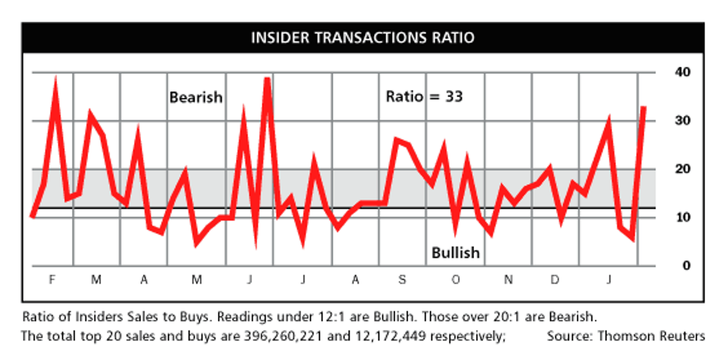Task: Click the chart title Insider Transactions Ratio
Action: [362, 38]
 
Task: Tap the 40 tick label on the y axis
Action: [682, 73]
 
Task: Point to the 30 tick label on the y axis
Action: [682, 121]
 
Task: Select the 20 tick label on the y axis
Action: [682, 169]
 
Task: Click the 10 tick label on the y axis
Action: [682, 217]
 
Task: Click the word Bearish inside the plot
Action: [196, 97]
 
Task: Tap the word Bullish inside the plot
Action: [456, 253]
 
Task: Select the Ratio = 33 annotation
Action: [424, 97]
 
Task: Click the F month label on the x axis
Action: [52, 280]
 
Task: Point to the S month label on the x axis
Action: [402, 280]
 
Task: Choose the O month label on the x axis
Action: [456, 280]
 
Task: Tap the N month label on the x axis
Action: [508, 280]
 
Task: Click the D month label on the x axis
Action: [555, 280]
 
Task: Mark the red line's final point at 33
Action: [643, 107]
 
